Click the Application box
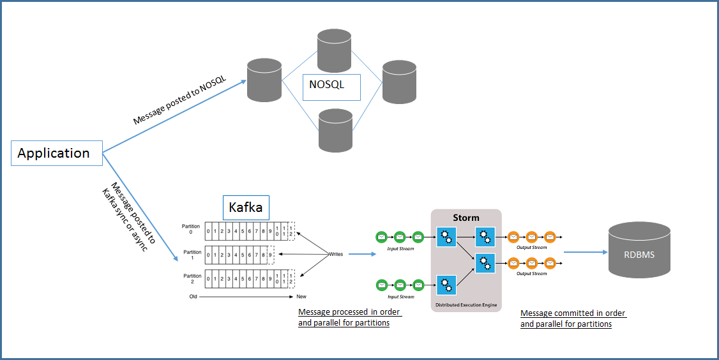(57, 153)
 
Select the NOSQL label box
(331, 87)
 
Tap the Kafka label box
(246, 208)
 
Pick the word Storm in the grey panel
(466, 218)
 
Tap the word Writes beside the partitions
(336, 254)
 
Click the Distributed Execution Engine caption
(466, 305)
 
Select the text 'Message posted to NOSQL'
(175, 101)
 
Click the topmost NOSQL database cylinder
(335, 49)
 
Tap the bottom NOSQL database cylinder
(335, 130)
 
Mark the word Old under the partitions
(193, 297)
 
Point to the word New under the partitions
(301, 297)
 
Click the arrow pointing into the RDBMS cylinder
(585, 252)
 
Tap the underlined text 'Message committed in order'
(573, 313)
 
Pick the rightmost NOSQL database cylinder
(400, 82)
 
